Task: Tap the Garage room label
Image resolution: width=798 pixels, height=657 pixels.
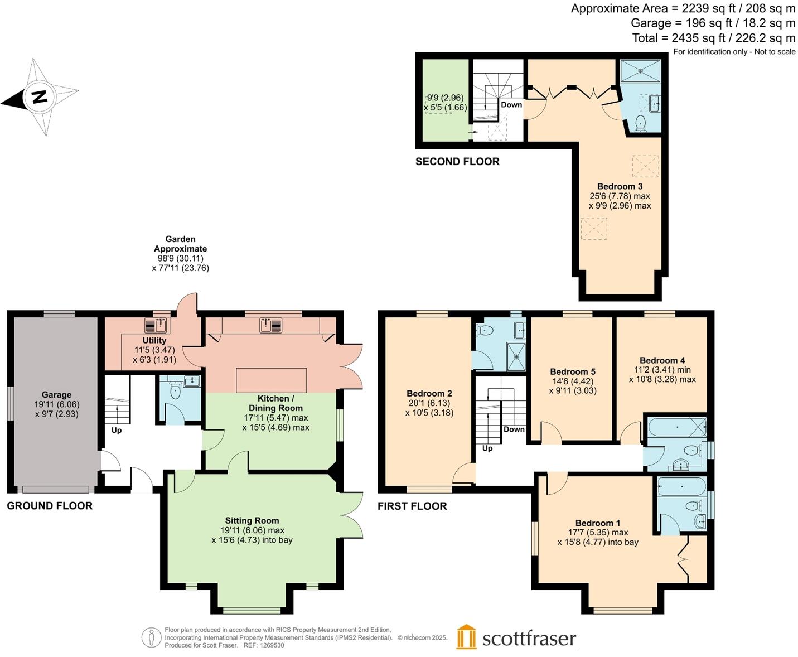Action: [56, 394]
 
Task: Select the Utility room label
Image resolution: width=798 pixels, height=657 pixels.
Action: [154, 340]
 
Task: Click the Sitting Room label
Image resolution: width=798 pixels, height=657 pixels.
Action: [252, 520]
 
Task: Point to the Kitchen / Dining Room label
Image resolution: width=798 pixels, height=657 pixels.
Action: [275, 403]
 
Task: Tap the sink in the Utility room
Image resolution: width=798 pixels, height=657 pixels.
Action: [157, 325]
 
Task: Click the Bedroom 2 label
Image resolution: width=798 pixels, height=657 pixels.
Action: [429, 393]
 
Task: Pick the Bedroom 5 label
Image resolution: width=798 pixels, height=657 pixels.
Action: [573, 371]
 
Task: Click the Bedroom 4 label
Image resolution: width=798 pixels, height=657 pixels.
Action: [662, 360]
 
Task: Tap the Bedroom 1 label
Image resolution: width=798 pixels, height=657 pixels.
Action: [598, 523]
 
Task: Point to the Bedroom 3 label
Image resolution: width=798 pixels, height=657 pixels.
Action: [620, 186]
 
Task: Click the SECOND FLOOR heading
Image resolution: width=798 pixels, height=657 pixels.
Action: [457, 162]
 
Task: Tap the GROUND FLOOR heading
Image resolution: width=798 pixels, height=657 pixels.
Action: [50, 506]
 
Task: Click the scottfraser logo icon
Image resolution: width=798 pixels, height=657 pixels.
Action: [466, 636]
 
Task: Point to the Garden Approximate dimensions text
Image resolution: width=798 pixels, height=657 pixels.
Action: [180, 254]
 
